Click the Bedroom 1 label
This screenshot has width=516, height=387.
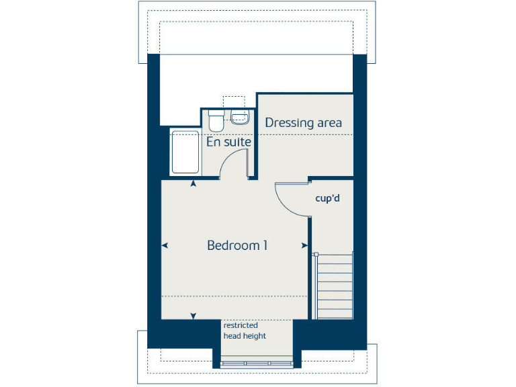[x=237, y=245]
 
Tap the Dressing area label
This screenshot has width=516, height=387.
[x=304, y=122]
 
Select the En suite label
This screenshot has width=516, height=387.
[x=228, y=142]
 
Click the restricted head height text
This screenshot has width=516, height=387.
[x=245, y=331]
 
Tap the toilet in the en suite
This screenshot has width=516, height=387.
[x=216, y=122]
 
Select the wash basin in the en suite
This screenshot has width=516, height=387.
[x=240, y=119]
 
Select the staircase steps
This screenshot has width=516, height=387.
[x=335, y=286]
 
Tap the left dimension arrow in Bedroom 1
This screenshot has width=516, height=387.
[x=165, y=245]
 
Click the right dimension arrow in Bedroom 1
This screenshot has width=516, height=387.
[x=304, y=245]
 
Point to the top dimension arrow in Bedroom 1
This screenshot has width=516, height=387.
[x=194, y=183]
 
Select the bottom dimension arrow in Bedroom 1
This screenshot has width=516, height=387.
[x=194, y=316]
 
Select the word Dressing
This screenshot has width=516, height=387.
[x=290, y=123]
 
